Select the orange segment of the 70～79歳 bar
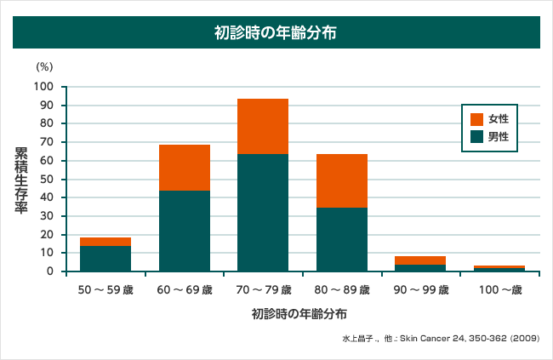[263, 126]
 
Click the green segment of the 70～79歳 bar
[263, 213]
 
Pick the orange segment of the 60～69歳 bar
[185, 167]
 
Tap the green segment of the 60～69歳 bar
[185, 231]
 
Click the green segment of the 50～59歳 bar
[105, 259]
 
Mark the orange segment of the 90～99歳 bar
[419, 260]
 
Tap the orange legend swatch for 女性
[476, 119]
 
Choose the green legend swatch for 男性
[476, 136]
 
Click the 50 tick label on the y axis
[48, 179]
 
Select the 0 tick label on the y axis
[51, 271]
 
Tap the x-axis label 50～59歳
[105, 290]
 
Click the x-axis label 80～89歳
[341, 290]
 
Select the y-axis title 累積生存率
[21, 179]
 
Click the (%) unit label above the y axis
[44, 66]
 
